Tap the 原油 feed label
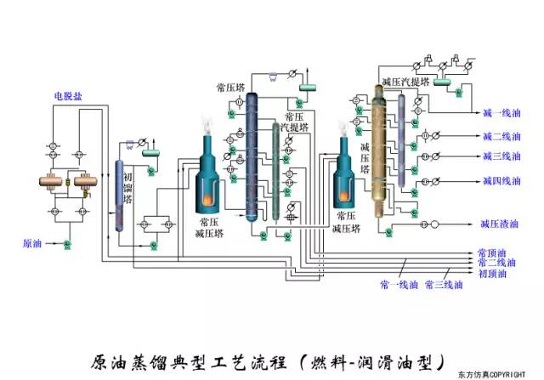(32, 244)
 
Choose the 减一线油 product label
(501, 113)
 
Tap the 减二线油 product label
(501, 136)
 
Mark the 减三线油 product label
(501, 156)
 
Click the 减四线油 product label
(501, 181)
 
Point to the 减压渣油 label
(500, 224)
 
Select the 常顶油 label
(492, 253)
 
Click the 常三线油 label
(444, 284)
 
